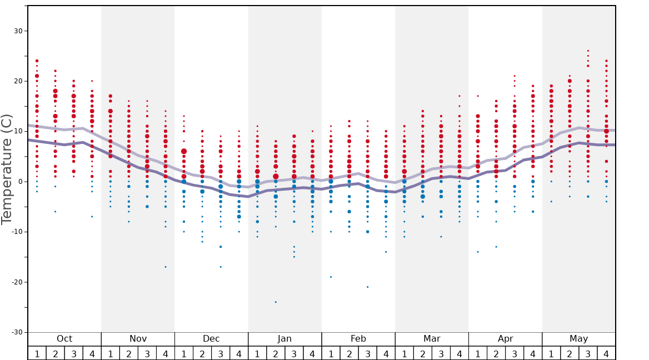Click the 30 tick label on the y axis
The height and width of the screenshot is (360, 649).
(18, 31)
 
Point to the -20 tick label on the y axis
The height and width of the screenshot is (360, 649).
(16, 282)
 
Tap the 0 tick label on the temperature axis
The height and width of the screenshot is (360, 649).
(19, 182)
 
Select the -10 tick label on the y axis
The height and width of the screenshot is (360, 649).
(16, 232)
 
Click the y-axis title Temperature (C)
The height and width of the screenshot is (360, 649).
(7, 169)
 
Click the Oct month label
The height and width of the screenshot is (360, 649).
(64, 339)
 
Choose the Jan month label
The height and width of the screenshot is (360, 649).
(284, 339)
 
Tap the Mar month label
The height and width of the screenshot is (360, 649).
(432, 339)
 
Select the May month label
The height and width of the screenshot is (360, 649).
(578, 339)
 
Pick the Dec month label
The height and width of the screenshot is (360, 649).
(211, 339)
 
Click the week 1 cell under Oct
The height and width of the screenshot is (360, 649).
(37, 353)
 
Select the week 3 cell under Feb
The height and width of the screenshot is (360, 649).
(367, 353)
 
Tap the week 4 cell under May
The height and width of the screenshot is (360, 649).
(606, 353)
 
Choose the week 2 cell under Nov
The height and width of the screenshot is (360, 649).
(129, 353)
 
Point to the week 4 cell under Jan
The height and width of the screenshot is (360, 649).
(312, 353)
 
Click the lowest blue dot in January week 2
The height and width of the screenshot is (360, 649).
(276, 302)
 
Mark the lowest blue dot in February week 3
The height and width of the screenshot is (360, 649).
(367, 287)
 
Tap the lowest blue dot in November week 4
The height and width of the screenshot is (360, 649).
(166, 267)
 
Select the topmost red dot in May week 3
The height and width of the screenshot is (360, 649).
(588, 51)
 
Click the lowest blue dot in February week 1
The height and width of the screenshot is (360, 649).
(331, 277)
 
